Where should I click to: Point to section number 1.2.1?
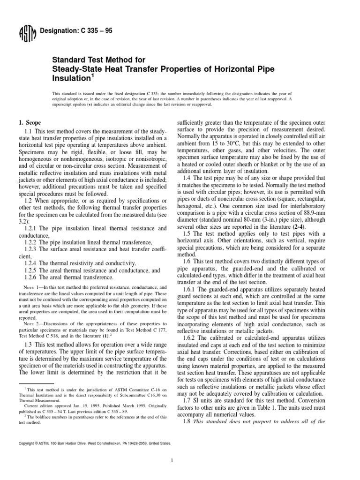click(x=31, y=228)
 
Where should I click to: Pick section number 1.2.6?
click(x=31, y=277)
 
